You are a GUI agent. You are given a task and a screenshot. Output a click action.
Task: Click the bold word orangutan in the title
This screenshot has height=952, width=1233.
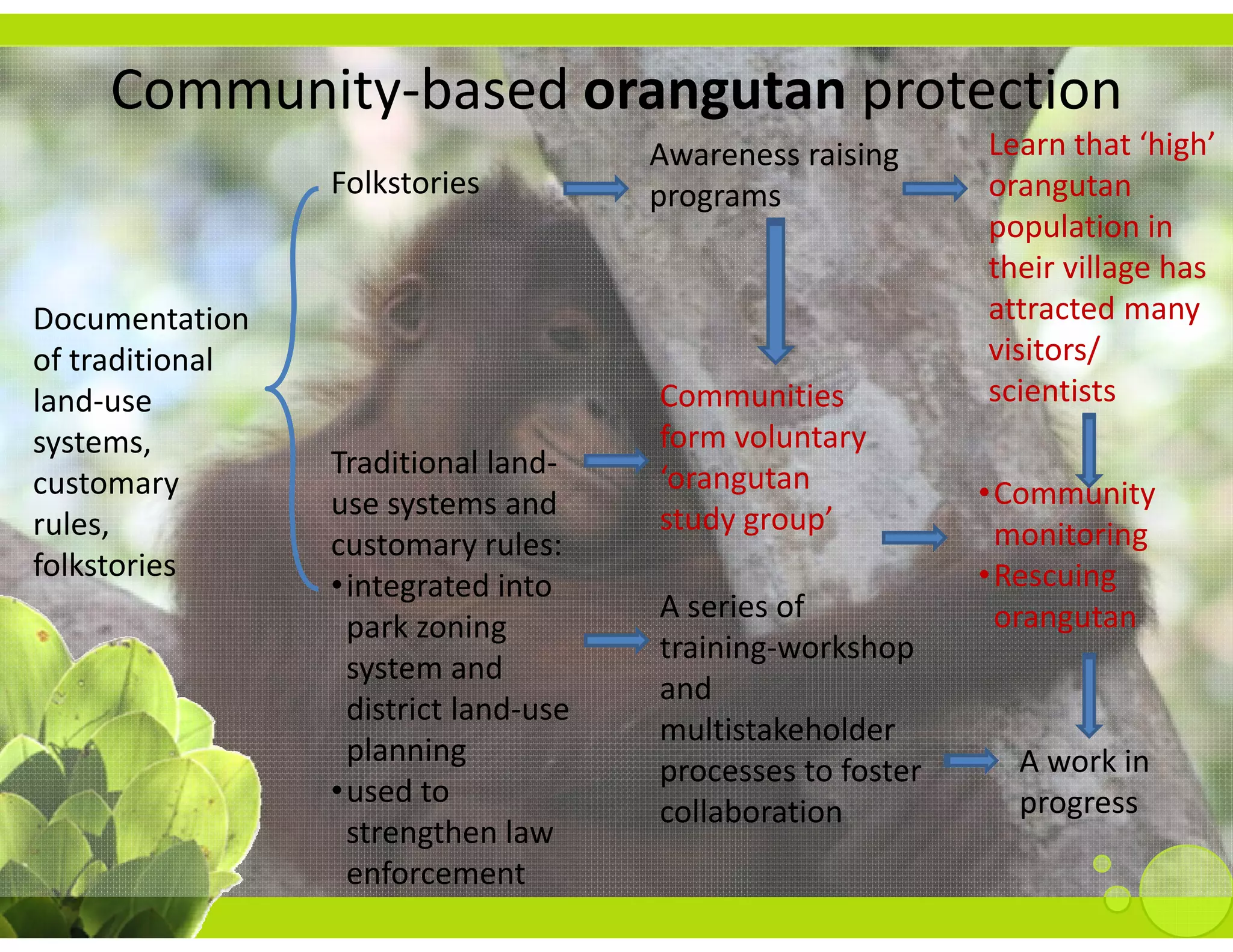point(715,91)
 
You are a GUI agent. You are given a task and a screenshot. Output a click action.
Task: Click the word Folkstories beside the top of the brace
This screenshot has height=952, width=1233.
point(405,183)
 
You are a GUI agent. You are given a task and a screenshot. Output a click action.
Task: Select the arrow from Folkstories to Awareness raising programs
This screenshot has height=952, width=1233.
point(595,189)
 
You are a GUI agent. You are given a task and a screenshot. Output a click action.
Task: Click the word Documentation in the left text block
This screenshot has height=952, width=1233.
point(141,319)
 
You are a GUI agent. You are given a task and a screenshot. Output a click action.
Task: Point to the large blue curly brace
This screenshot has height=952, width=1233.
point(292,389)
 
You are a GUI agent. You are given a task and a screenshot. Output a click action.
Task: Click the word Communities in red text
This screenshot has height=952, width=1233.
point(751,397)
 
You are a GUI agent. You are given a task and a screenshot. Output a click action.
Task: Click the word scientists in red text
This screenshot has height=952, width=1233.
point(1052,392)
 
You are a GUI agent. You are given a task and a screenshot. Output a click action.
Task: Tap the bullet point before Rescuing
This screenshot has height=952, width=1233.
point(984,575)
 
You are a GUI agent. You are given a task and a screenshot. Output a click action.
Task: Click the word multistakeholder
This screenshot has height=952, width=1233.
point(777,731)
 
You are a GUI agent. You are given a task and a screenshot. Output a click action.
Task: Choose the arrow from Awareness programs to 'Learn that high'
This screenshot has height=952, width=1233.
point(934,189)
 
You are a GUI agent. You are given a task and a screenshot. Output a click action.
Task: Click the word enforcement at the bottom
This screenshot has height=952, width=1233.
point(435,874)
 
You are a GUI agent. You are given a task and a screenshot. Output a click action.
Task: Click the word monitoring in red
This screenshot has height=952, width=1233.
point(1070,535)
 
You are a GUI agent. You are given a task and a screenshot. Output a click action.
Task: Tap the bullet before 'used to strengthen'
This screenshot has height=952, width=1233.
point(338,790)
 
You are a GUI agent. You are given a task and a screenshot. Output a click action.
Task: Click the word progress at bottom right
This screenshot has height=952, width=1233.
point(1078,803)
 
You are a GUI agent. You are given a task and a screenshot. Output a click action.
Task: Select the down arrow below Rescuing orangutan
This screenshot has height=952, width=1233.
point(1089,695)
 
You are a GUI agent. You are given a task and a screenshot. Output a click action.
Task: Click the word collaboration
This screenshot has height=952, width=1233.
point(750,812)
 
